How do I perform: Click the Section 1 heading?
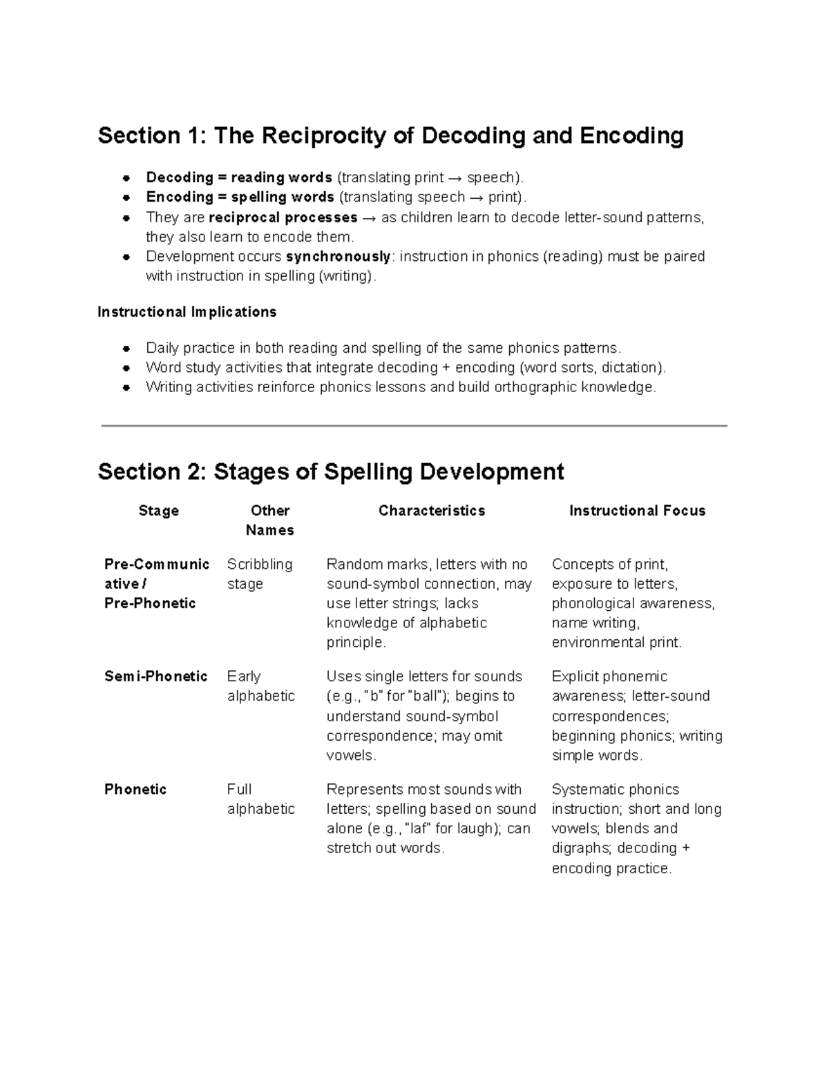390,135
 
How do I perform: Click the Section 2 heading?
331,471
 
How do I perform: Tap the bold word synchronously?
338,257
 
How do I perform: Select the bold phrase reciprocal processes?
283,217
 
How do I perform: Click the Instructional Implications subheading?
187,312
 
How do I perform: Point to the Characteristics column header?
432,511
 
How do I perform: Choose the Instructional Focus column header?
637,511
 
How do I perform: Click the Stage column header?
158,511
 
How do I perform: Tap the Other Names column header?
269,520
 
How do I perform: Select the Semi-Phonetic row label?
155,676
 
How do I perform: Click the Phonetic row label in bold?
135,789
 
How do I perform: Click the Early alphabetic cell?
260,686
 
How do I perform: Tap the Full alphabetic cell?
260,799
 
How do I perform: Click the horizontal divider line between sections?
414,426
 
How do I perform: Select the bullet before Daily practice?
126,348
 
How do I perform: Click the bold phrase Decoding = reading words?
239,177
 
